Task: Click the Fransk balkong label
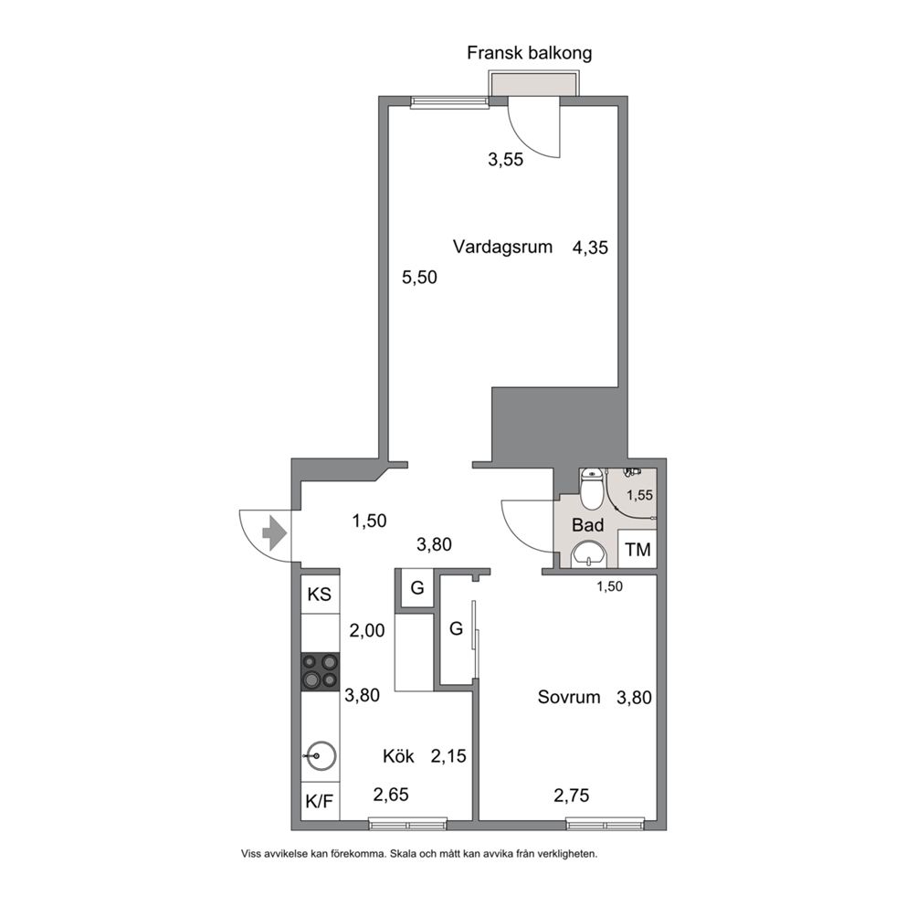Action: [x=530, y=53]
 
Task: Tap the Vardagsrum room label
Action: [x=502, y=247]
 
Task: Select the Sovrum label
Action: [x=569, y=697]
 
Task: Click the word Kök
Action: [x=399, y=756]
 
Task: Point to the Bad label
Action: [x=587, y=524]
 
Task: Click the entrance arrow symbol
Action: [x=275, y=533]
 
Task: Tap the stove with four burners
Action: [x=320, y=671]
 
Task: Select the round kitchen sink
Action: [x=321, y=756]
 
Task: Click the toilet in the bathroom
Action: [x=591, y=489]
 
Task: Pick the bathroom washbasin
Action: [x=589, y=554]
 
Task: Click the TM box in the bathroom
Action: [x=637, y=549]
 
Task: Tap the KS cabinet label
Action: [x=320, y=595]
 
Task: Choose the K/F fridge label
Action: [x=320, y=801]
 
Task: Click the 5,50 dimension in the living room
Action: [x=419, y=278]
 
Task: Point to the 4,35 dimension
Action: [x=590, y=248]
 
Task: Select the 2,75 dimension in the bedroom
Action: [x=572, y=795]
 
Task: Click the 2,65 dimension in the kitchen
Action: [x=391, y=795]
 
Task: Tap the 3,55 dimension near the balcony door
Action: [x=506, y=160]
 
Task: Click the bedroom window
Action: [x=606, y=824]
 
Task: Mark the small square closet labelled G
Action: [x=417, y=588]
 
